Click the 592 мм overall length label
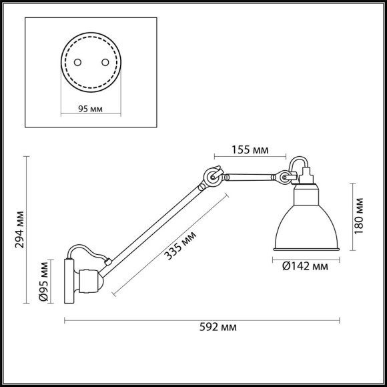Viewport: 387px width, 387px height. tap(219, 327)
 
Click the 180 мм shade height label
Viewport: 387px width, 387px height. tap(360, 214)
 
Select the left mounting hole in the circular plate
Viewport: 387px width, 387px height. tap(77, 61)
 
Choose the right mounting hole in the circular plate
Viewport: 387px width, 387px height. tap(104, 61)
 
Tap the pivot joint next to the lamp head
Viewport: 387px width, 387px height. tap(286, 177)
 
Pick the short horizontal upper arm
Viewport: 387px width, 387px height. tap(250, 177)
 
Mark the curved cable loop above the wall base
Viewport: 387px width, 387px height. tap(89, 250)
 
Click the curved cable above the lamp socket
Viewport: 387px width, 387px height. tap(297, 162)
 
